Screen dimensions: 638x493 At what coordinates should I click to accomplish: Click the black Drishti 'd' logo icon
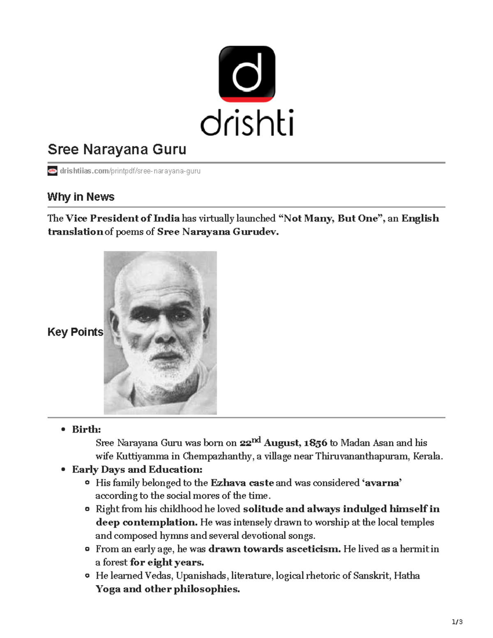pos(246,74)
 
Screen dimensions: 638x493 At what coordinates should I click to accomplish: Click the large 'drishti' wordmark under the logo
pos(246,122)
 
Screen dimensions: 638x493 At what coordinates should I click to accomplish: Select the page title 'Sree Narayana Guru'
pos(117,149)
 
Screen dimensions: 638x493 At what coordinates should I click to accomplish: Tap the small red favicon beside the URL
pos(52,171)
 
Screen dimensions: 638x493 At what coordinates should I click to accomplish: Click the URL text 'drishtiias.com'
pos(84,171)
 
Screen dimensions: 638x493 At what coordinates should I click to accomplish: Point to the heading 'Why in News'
pos(81,197)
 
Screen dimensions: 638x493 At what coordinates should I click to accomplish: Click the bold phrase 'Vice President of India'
pos(122,219)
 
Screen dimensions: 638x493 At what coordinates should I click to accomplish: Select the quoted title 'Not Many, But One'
pos(330,219)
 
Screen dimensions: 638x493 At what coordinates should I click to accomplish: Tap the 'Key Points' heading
pos(75,332)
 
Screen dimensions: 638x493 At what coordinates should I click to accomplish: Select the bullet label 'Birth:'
pos(86,429)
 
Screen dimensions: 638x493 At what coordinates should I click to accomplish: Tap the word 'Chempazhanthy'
pos(217,456)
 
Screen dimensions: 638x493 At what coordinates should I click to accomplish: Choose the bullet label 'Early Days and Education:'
pos(137,470)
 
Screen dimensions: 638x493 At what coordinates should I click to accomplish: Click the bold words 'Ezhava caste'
pos(242,483)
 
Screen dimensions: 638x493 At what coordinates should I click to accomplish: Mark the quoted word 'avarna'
pos(382,483)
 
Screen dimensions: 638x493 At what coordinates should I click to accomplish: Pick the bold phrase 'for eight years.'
pos(167,562)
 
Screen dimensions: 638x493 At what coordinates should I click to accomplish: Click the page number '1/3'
pos(457,622)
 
